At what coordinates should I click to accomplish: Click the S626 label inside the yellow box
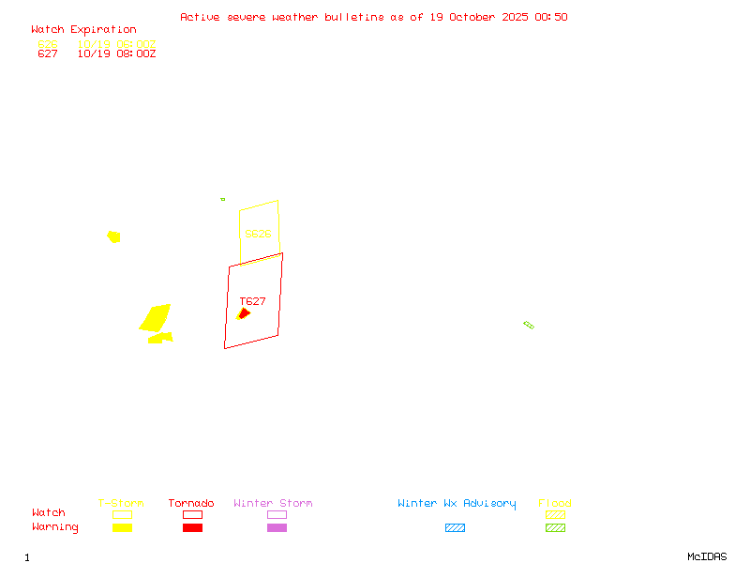click(258, 234)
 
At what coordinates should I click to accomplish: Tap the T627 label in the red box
click(252, 301)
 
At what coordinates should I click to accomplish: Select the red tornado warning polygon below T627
click(245, 312)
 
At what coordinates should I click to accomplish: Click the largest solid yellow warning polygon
click(156, 318)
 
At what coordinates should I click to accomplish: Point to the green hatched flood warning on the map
click(529, 325)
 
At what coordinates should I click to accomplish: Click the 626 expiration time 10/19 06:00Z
click(116, 44)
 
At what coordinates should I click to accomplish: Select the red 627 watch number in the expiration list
click(48, 53)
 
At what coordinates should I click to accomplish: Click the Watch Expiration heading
click(83, 30)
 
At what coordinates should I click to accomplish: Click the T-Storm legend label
click(121, 503)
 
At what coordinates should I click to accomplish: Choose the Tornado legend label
click(191, 503)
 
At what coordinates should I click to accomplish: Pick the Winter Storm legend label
click(273, 503)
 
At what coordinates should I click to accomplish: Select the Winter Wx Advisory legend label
click(457, 503)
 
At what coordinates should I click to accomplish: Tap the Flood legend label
click(555, 503)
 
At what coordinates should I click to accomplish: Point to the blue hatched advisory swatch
click(455, 527)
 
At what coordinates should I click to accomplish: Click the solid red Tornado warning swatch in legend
click(192, 527)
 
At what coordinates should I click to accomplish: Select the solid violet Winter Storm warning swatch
click(277, 527)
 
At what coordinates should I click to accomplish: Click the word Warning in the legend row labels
click(55, 527)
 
